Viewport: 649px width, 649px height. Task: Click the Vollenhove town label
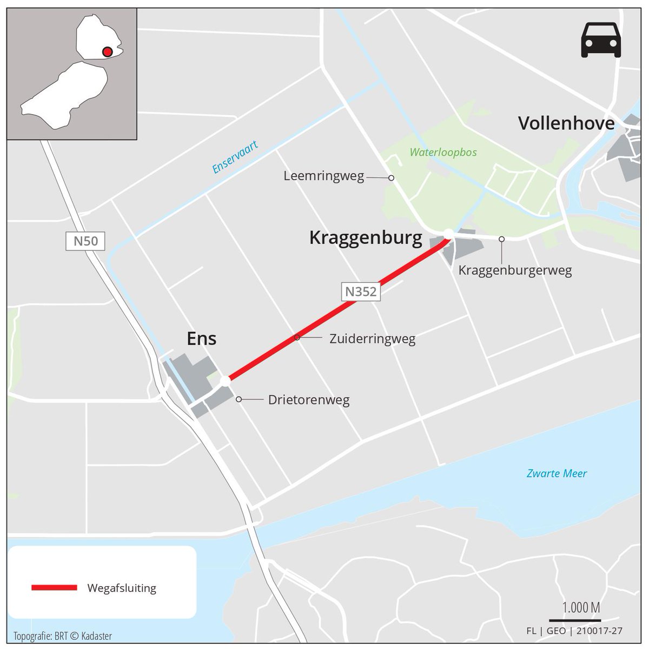coord(566,123)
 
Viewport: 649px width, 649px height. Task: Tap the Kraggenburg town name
coord(366,237)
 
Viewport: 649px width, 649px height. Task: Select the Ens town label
coord(201,339)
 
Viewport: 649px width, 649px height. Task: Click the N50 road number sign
coord(85,241)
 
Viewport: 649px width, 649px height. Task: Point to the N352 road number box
coord(361,292)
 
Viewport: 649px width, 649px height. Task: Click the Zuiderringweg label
coord(372,339)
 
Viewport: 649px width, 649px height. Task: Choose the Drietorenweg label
coord(309,400)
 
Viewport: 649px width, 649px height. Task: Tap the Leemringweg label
coord(323,176)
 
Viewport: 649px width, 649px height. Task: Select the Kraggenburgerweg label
coord(515,270)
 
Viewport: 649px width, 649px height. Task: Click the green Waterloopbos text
coord(443,152)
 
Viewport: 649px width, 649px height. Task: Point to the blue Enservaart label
coord(235,157)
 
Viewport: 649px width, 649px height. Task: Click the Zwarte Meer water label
coord(557,474)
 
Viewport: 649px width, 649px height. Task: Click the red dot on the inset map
coord(107,52)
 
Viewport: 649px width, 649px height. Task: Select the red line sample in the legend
coord(54,588)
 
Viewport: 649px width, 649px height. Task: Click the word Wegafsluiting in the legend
coord(121,588)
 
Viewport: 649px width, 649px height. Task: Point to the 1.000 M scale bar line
coord(574,620)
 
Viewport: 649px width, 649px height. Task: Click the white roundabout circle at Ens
coord(226,381)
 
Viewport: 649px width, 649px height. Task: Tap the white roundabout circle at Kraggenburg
coord(448,234)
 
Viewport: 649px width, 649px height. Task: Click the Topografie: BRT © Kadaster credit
coord(63,636)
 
